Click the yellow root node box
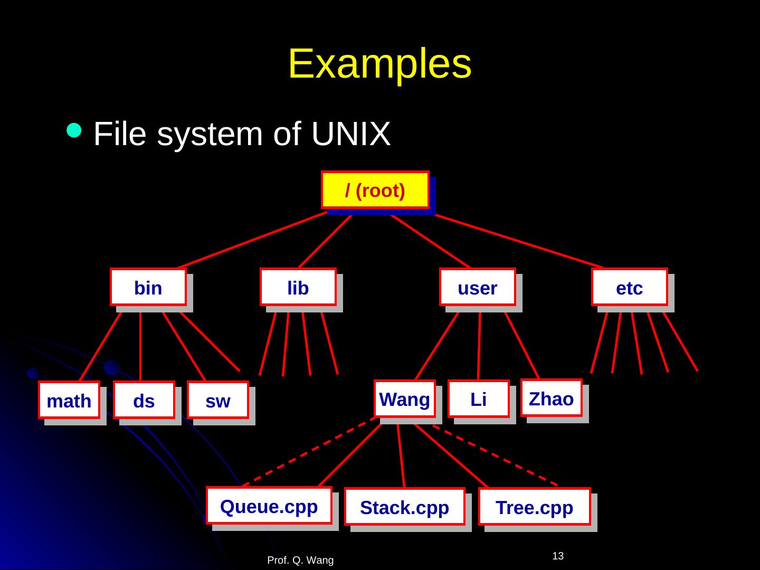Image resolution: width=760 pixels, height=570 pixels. point(375,190)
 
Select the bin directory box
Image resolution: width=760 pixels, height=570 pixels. point(148,288)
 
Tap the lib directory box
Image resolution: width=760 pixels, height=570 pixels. point(298,288)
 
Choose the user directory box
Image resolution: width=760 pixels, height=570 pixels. point(478,288)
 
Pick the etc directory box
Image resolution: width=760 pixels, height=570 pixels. point(630,288)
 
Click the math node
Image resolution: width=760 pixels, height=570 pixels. point(69,401)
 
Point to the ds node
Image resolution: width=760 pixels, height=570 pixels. point(144,401)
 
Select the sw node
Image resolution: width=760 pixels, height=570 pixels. point(218,401)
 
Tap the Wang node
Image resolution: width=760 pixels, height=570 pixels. point(405,399)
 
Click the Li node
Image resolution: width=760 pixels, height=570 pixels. point(478,399)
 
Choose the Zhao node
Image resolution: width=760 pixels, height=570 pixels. point(552,398)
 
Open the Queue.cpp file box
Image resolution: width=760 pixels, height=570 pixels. point(269,506)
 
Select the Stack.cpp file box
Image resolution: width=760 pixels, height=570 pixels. point(405,507)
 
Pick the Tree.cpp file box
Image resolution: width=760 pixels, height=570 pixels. point(535,507)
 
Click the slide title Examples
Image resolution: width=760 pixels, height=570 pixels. point(379,64)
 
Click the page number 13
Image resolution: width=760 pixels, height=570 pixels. point(558,556)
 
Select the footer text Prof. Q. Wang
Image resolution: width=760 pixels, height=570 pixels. point(300,560)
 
